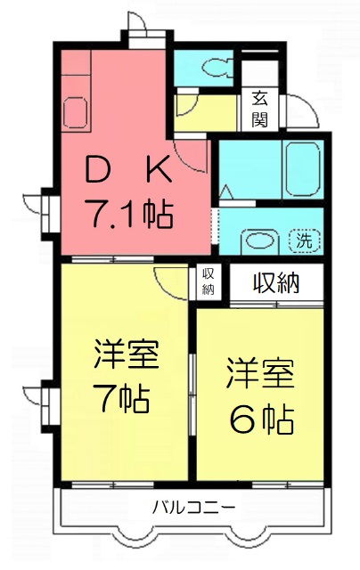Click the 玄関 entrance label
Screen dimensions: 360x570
260,109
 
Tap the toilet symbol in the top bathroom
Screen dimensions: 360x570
217,68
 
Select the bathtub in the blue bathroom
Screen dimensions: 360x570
304,169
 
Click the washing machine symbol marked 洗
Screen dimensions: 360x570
305,240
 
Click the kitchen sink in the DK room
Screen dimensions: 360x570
75,112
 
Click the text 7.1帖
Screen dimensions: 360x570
128,214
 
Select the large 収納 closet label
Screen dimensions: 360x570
276,282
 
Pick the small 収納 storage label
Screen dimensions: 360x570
209,281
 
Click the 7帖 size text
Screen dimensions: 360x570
121,398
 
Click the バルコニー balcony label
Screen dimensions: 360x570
193,506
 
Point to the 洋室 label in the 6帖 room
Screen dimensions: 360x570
260,373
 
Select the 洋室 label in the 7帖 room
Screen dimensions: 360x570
127,354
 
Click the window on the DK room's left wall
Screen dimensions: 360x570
47,214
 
